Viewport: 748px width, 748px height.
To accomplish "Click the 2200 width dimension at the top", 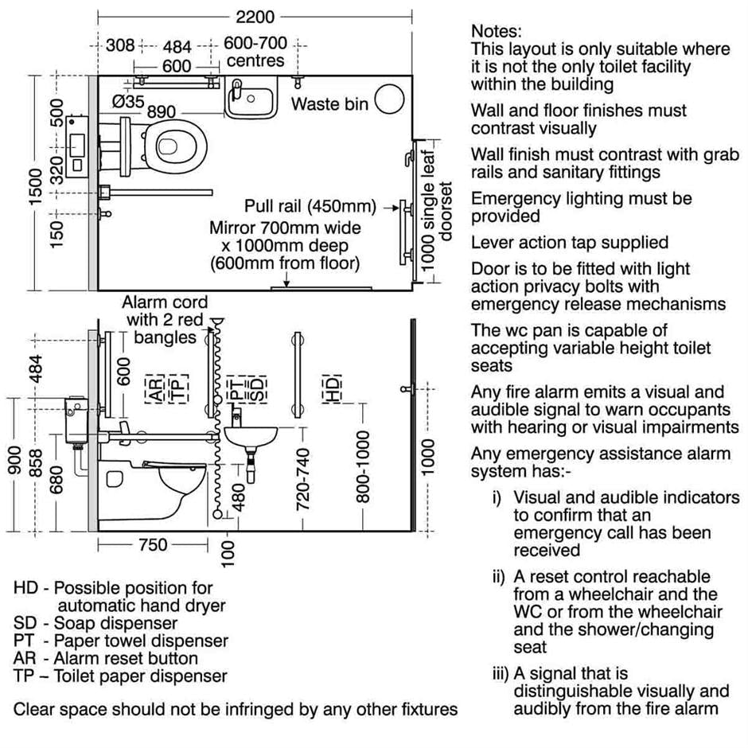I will tap(255, 17).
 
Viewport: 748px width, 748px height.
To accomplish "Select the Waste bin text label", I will tap(329, 103).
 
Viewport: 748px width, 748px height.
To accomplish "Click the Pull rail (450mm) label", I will tap(311, 207).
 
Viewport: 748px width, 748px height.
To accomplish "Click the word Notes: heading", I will tap(497, 31).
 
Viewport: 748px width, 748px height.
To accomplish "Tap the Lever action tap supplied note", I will tap(570, 243).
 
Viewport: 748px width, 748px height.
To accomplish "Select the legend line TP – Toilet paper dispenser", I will tap(120, 676).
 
